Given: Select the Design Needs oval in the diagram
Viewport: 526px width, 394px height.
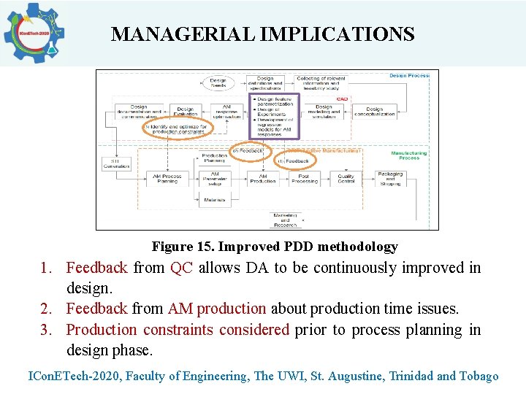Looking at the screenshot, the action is click(218, 83).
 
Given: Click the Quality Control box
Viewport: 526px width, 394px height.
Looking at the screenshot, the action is click(346, 177).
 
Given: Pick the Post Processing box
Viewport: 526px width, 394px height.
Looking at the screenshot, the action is click(303, 177).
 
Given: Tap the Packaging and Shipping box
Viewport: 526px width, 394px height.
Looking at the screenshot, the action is click(390, 177).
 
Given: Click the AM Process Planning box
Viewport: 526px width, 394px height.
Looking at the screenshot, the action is click(167, 177).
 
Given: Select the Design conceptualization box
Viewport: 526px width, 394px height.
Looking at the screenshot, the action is click(375, 112).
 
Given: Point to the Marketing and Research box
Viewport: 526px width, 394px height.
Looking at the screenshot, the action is click(286, 220).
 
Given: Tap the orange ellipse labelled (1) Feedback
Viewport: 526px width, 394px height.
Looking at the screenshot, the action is click(297, 161).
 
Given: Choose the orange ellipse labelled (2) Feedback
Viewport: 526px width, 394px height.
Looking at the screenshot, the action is click(250, 150).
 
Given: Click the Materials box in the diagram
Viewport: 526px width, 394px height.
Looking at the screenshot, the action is click(215, 199).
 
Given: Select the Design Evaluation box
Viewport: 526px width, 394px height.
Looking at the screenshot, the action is click(186, 112).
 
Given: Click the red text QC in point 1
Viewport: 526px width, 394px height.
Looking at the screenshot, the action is click(181, 268).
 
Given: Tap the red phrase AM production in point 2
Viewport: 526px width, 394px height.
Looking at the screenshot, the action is click(217, 309).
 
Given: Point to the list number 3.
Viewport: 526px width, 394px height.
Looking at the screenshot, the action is click(46, 330).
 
